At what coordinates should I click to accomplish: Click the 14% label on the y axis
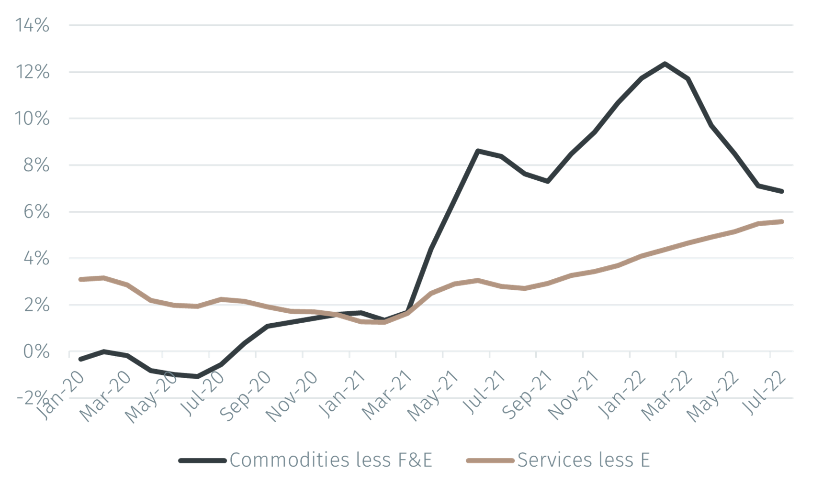click(32, 25)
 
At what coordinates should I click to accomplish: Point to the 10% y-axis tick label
click(32, 119)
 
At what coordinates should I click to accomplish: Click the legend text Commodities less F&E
click(331, 460)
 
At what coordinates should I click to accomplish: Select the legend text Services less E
click(583, 460)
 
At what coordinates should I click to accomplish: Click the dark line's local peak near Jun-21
click(477, 151)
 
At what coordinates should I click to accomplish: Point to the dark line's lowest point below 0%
click(197, 376)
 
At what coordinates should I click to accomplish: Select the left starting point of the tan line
click(80, 279)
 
